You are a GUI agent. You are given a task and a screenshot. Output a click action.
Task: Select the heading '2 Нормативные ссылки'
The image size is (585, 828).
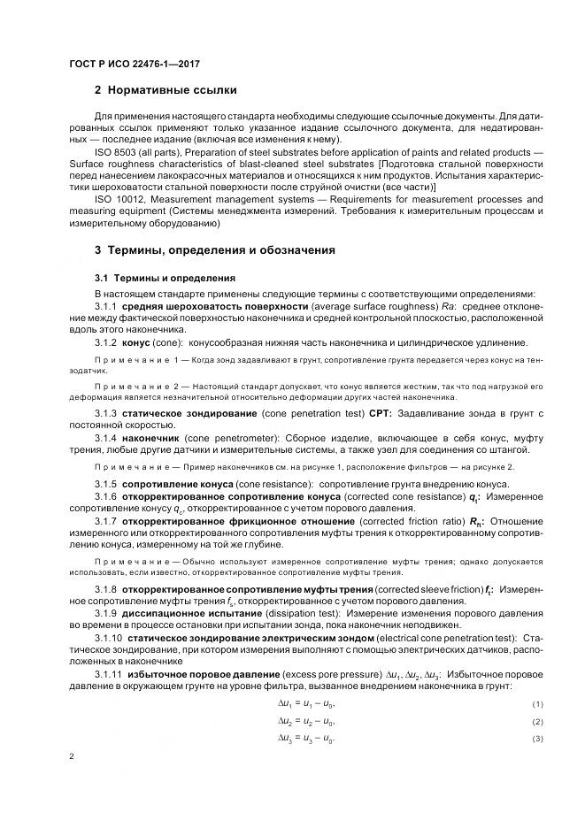(165, 90)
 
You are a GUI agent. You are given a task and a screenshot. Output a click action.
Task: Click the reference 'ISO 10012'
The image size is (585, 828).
(116, 199)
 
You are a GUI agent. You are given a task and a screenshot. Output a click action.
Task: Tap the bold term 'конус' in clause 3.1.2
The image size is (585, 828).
(137, 341)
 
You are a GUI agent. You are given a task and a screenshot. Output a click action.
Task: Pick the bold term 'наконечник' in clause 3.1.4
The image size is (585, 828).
(150, 438)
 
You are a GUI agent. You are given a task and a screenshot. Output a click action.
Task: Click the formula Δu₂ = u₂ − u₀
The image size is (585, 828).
(306, 722)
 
